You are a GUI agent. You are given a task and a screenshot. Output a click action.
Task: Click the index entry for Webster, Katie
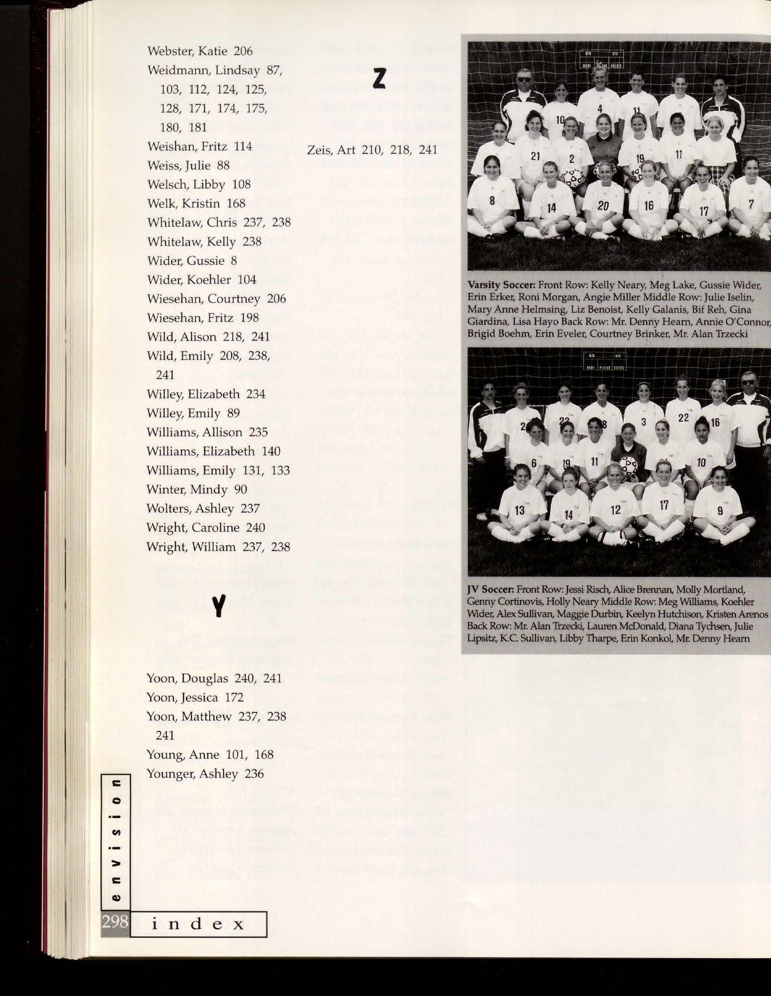click(x=200, y=51)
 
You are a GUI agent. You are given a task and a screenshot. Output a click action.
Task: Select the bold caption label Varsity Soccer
click(x=501, y=286)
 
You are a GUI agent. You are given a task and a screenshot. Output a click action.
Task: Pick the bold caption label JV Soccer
click(x=489, y=591)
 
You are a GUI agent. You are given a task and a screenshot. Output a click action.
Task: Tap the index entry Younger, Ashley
click(x=205, y=774)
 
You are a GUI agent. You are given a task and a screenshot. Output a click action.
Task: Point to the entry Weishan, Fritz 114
click(x=200, y=146)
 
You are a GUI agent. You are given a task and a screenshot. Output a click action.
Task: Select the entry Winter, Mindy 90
click(x=196, y=489)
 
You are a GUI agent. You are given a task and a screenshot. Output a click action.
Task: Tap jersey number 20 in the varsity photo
click(x=603, y=206)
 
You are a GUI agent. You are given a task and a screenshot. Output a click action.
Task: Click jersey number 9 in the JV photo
click(x=720, y=511)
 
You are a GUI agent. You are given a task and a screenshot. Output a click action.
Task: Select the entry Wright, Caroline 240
click(x=205, y=528)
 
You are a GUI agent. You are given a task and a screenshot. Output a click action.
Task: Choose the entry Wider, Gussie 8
click(x=191, y=261)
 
